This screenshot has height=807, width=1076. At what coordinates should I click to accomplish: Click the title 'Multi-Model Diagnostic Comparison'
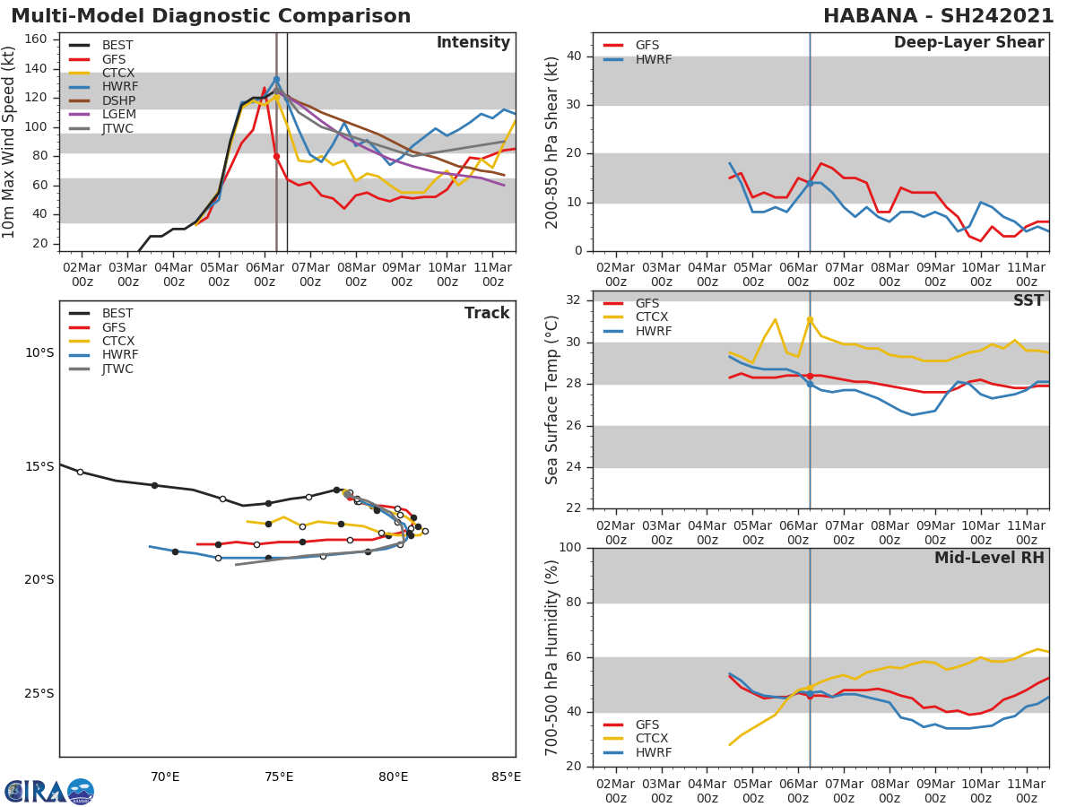pos(211,16)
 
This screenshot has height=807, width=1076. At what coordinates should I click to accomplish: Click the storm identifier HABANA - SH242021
pos(938,16)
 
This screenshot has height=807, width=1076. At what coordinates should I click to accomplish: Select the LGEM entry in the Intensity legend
pos(117,115)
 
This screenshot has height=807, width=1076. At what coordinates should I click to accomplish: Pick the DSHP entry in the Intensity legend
pos(117,100)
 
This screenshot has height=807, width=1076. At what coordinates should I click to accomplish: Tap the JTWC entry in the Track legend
pos(117,369)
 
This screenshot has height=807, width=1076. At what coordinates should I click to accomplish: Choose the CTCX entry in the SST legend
pos(651,317)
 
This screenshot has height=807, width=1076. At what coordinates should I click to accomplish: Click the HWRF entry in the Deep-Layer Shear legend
pos(653,59)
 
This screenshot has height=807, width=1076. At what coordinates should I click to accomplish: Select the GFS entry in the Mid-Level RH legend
pos(651,725)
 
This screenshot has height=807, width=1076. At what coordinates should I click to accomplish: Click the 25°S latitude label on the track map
pos(39,693)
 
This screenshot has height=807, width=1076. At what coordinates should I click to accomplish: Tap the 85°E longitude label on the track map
pos(507,777)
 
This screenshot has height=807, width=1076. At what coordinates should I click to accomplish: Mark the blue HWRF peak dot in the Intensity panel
pos(276,79)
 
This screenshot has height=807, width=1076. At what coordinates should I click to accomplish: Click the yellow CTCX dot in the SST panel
pos(810,319)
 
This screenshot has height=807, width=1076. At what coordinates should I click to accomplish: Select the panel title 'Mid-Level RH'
pos(988,559)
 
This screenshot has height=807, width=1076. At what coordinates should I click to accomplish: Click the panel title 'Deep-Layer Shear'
pos(968,43)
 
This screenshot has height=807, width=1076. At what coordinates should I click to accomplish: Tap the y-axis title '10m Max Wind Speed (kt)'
pos(10,142)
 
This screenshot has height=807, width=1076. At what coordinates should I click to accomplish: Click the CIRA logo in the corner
pos(48,791)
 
